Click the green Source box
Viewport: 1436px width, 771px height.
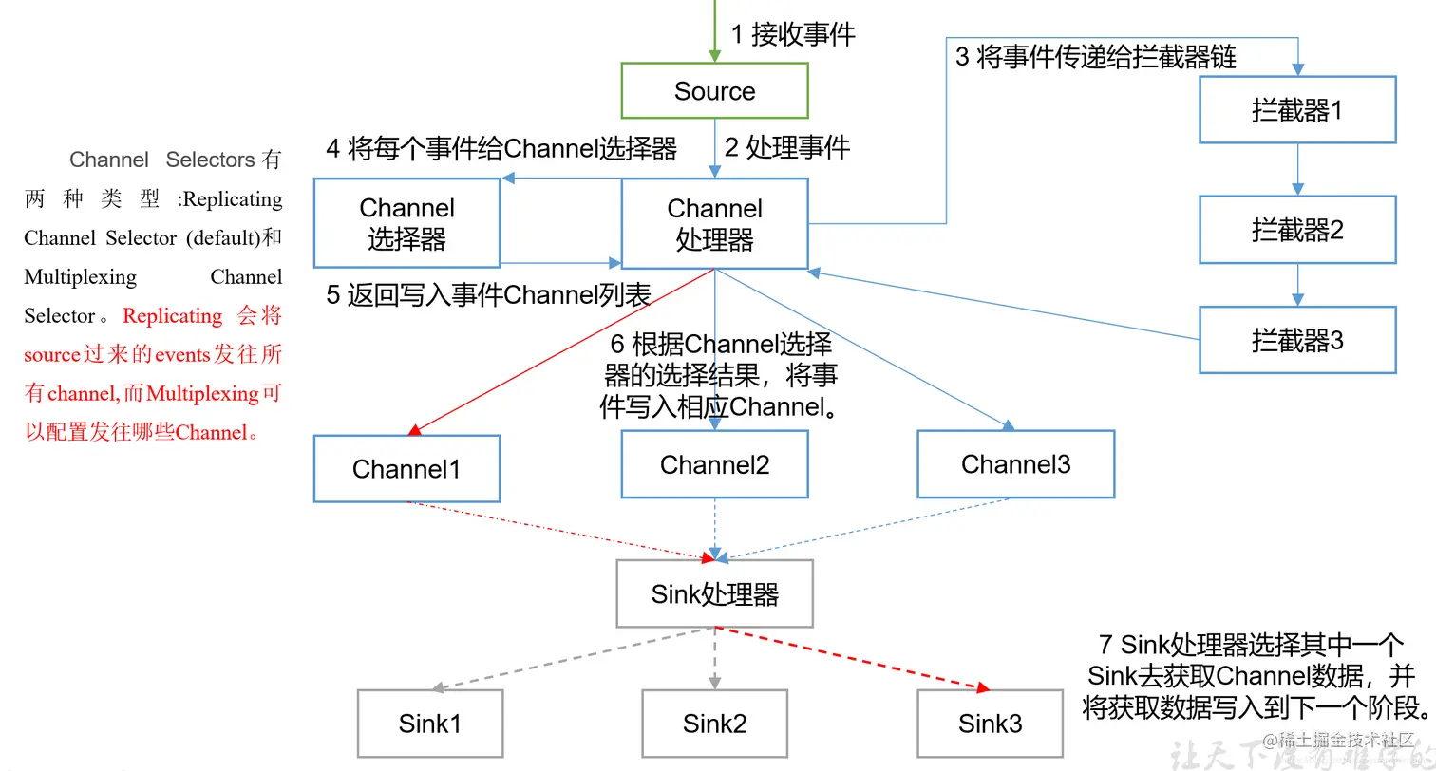(x=714, y=91)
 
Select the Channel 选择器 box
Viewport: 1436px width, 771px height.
(x=406, y=223)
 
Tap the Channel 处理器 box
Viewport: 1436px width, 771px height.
(x=714, y=223)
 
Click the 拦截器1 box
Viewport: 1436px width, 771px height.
(x=1297, y=110)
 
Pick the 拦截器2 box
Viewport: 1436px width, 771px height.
(x=1297, y=230)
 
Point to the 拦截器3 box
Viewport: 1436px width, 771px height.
(x=1297, y=340)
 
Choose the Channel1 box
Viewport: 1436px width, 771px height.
(x=406, y=469)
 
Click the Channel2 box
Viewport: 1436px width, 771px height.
(x=714, y=464)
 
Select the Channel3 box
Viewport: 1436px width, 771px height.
(x=1015, y=464)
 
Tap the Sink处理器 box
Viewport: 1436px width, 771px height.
(x=714, y=594)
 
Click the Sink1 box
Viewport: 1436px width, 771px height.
(x=429, y=724)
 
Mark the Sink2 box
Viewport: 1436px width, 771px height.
(x=714, y=724)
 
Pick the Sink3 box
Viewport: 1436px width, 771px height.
(x=990, y=724)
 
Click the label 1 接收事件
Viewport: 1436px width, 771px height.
(x=793, y=35)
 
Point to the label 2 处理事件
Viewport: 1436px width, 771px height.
(x=787, y=147)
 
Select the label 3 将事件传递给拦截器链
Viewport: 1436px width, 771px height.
(x=1095, y=57)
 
